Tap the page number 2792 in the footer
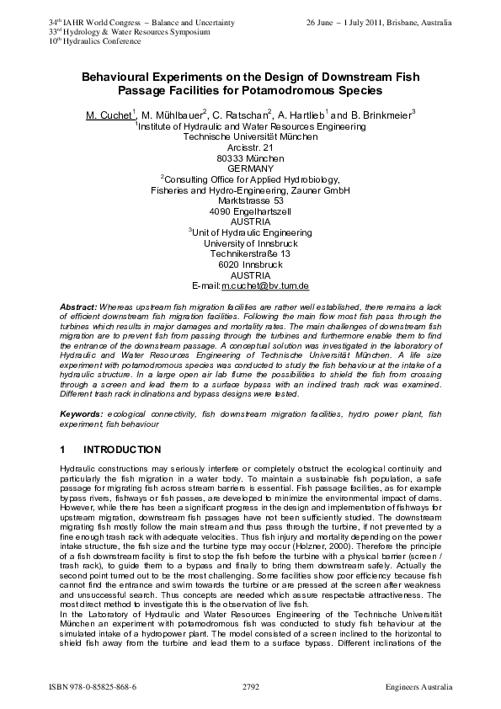point(250,687)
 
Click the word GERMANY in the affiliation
point(250,168)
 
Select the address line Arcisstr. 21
point(250,147)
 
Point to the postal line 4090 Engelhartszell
point(250,211)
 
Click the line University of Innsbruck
point(250,243)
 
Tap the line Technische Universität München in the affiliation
point(250,136)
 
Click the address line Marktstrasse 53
point(250,200)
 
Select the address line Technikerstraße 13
point(250,253)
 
